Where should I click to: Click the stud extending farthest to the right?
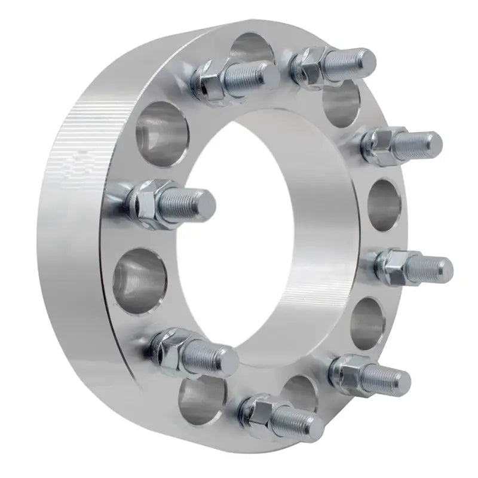coord(430,265)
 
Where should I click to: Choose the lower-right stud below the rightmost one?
coord(385,375)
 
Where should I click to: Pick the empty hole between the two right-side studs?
coord(382,203)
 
